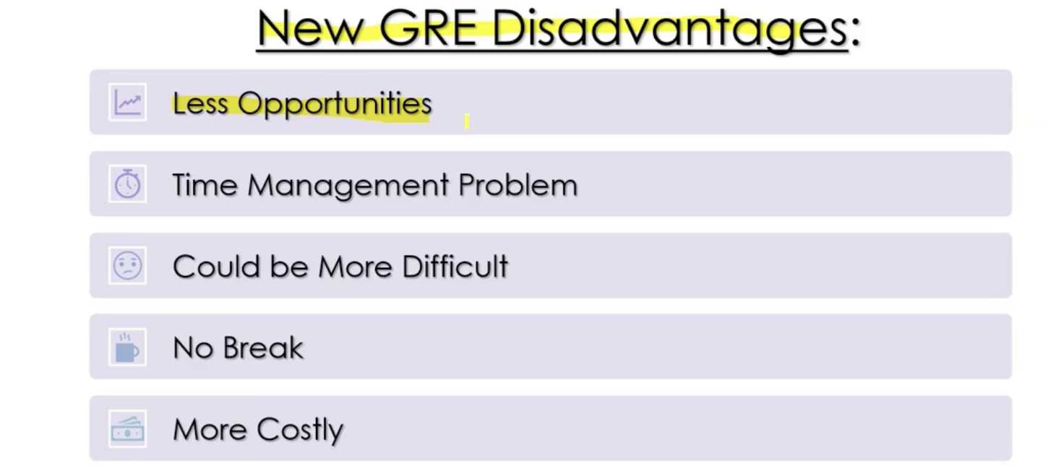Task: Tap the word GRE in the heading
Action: point(428,27)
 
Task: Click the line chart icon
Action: point(128,103)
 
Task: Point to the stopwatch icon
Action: point(128,184)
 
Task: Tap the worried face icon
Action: point(128,266)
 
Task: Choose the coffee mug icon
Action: point(128,347)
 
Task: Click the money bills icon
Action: point(128,429)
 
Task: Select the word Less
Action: point(200,103)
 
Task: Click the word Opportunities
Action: point(335,105)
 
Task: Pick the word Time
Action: point(205,185)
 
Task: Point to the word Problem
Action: point(518,185)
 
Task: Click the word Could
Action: point(216,267)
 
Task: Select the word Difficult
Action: point(455,267)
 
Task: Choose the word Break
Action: point(263,348)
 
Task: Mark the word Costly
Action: point(300,431)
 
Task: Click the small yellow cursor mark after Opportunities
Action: point(467,121)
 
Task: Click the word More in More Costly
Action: point(210,430)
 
